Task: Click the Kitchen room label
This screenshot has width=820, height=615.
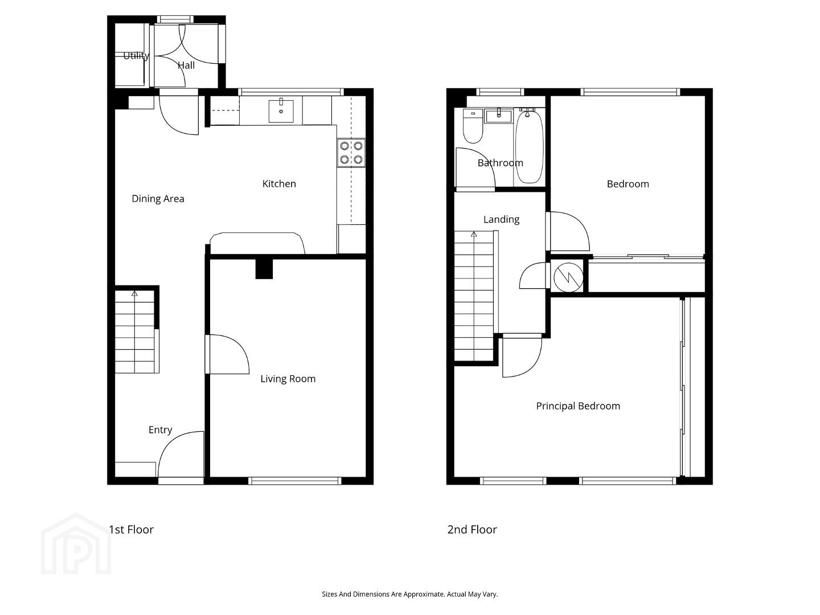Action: (279, 184)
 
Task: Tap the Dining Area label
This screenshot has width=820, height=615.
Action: (158, 199)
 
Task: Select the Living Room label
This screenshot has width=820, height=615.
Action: (288, 379)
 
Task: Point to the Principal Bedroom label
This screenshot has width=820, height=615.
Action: (578, 406)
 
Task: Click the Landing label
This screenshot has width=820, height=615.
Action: (501, 220)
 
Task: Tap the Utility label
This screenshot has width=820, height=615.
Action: (136, 56)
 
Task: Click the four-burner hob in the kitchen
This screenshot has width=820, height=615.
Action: (351, 153)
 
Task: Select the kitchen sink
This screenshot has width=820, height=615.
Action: (281, 110)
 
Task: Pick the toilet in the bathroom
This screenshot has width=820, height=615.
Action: (473, 126)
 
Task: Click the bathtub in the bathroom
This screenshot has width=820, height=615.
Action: (529, 146)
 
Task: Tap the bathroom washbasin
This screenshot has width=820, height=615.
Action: (499, 116)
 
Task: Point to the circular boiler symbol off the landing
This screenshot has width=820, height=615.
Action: (568, 277)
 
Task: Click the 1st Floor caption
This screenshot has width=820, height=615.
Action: (131, 530)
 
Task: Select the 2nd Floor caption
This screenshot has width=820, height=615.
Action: (472, 530)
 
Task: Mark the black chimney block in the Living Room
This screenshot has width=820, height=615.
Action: (264, 268)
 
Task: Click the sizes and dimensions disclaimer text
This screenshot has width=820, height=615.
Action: (410, 594)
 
